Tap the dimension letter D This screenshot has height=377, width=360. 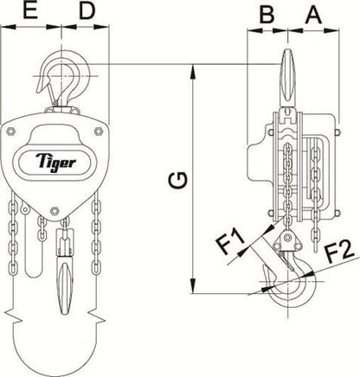pos(87,12)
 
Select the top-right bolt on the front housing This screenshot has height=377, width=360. pos(100,130)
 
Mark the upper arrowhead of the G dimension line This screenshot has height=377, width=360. pos(192,69)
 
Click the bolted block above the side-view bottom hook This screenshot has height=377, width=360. pos(289,244)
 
